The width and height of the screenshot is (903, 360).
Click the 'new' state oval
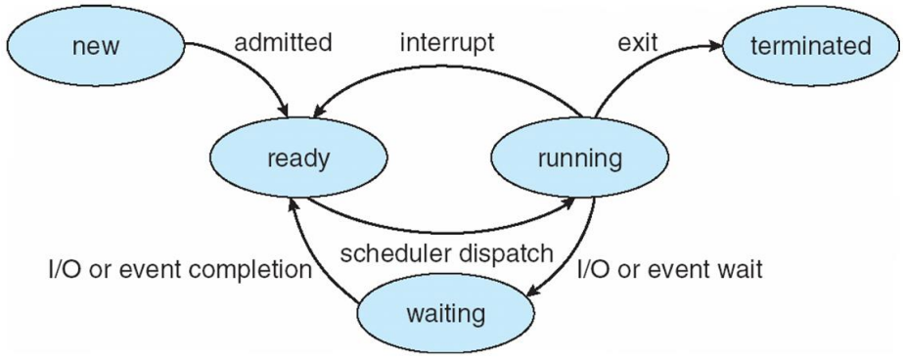[x=96, y=46]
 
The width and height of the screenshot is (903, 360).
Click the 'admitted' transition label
[x=284, y=44]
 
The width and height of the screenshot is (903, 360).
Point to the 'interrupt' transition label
[x=448, y=44]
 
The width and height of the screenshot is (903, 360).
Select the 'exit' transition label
[x=638, y=44]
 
